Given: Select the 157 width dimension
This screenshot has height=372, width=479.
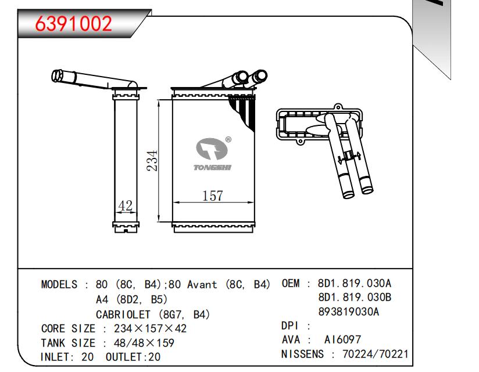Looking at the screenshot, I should click(212, 196).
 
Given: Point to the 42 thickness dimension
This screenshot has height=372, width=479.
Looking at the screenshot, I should click(126, 206).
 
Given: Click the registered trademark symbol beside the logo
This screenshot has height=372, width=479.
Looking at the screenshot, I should click(228, 139).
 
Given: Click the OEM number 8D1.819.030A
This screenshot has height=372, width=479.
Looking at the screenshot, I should click(355, 284).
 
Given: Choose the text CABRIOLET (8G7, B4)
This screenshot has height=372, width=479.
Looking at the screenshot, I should click(152, 314).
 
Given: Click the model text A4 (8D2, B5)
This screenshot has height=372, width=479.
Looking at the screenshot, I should click(131, 299).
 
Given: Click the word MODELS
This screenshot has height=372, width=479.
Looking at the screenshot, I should click(59, 285).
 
